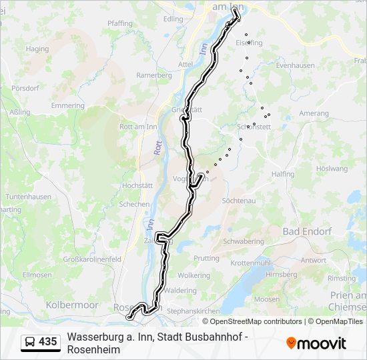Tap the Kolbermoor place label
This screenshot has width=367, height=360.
click(x=71, y=305)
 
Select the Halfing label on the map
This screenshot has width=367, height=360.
click(x=283, y=173)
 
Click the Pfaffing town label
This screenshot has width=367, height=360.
click(x=119, y=23)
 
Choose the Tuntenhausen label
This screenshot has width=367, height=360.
click(x=28, y=197)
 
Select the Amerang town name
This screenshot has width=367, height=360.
click(x=314, y=113)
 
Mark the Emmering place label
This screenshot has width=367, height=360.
click(x=67, y=105)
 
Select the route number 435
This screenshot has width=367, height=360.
click(x=48, y=342)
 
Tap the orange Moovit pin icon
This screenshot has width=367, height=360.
click(x=291, y=343)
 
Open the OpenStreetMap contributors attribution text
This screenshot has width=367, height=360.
click(x=247, y=321)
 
